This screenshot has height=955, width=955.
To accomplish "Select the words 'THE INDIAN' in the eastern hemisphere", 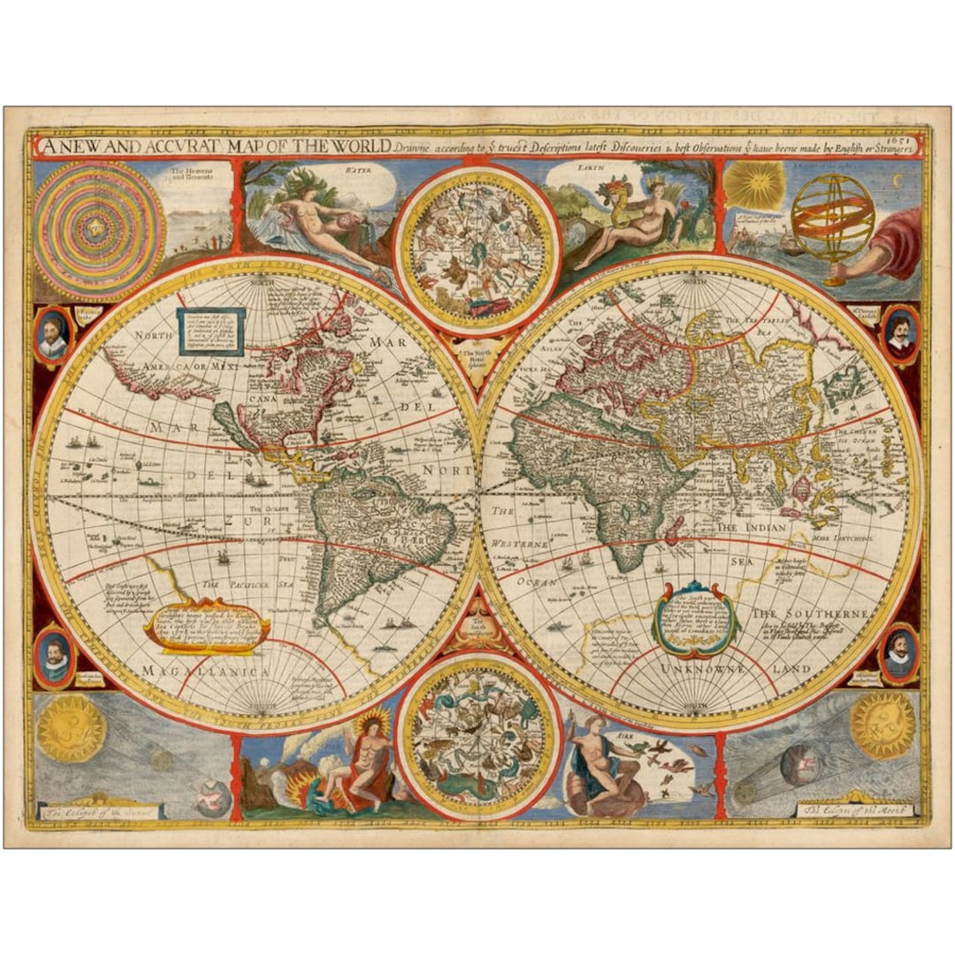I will click(751, 527).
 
